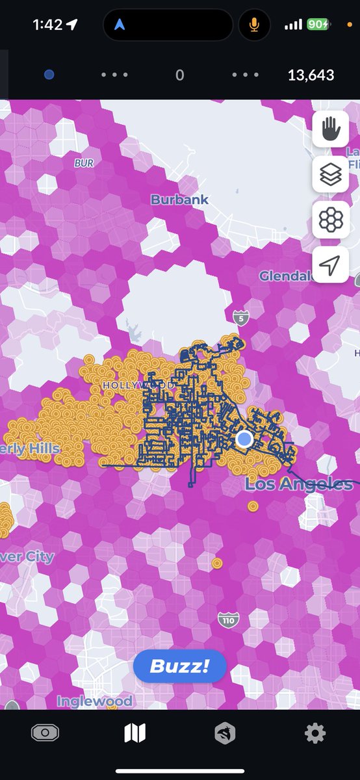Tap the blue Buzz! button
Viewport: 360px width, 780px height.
(x=179, y=666)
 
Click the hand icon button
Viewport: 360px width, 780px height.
(x=331, y=129)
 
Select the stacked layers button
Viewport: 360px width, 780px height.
(x=331, y=174)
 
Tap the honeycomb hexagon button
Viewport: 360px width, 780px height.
(x=331, y=220)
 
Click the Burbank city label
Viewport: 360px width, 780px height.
(x=180, y=200)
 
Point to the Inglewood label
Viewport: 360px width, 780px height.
(x=94, y=701)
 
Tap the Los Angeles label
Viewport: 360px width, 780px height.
(x=299, y=484)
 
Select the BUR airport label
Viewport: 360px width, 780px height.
(x=84, y=164)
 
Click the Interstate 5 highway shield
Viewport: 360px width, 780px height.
(x=240, y=318)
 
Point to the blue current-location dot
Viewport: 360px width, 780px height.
(x=244, y=439)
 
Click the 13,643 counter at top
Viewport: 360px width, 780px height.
(x=311, y=75)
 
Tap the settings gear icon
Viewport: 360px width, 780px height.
(x=315, y=734)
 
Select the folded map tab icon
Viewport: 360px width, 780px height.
(x=135, y=734)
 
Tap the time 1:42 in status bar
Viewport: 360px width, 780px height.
(x=47, y=25)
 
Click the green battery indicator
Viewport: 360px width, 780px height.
(x=318, y=25)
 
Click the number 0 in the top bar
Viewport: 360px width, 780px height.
(x=180, y=75)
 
